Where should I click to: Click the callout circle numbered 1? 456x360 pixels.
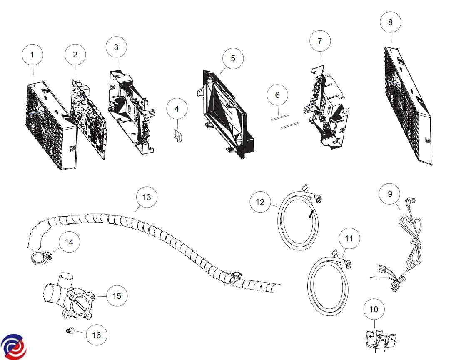click(33, 54)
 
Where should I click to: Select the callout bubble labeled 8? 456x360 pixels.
click(390, 22)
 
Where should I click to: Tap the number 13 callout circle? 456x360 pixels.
click(147, 197)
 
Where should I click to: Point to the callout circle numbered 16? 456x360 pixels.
click(96, 335)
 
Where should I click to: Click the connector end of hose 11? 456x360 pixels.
click(347, 262)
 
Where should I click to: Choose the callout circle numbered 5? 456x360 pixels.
click(233, 59)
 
